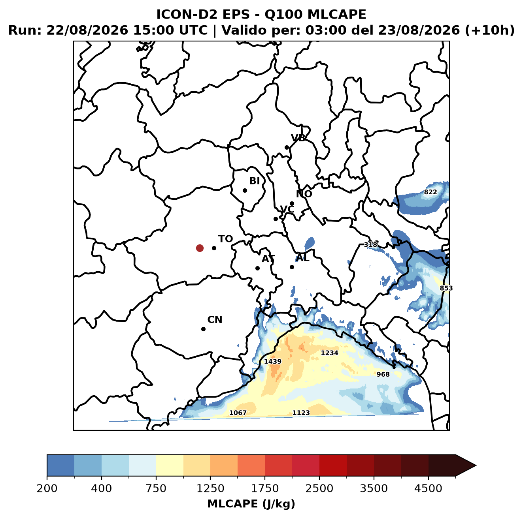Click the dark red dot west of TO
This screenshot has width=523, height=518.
click(200, 248)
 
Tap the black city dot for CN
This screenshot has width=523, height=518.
click(203, 329)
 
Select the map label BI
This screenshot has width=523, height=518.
click(254, 181)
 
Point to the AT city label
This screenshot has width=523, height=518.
click(268, 259)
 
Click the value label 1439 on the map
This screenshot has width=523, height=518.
click(272, 361)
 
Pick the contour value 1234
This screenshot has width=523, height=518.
click(329, 353)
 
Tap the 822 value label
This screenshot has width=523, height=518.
click(430, 192)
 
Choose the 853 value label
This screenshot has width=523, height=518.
click(446, 288)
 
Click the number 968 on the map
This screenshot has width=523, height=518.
click(383, 374)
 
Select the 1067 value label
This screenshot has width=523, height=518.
click(238, 413)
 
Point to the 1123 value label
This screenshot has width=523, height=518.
click(301, 413)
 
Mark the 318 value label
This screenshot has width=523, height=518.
click(370, 245)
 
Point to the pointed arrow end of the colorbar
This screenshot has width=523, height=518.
click(476, 466)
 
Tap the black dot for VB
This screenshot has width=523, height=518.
click(287, 147)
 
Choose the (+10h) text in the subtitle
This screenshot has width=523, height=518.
click(490, 30)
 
